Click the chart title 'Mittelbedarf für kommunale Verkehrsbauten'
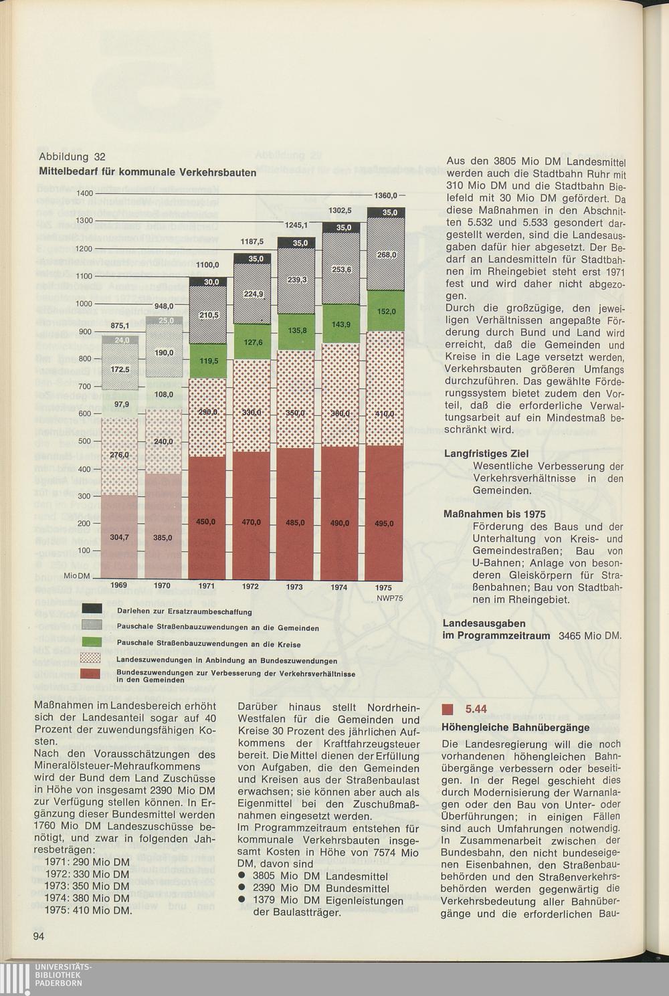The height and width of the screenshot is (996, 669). [148, 173]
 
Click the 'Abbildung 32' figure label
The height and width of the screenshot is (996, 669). [72, 157]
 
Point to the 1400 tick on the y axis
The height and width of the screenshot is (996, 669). [84, 193]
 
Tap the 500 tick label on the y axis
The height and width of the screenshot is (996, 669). [84, 441]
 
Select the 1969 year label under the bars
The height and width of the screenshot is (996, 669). [118, 585]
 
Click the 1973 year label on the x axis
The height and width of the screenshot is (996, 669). [294, 587]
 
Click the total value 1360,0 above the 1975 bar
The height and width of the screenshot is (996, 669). [386, 195]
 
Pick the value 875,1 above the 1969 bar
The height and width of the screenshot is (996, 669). [120, 326]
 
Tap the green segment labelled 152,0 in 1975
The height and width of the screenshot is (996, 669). [386, 311]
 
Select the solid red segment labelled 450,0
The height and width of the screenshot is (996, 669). [206, 522]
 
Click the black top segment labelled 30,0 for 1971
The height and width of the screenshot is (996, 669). [207, 282]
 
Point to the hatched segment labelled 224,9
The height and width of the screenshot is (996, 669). [252, 294]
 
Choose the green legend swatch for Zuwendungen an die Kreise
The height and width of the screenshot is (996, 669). [92, 642]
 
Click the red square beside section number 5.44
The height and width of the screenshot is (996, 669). [449, 709]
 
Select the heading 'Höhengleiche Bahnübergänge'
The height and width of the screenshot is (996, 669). [516, 727]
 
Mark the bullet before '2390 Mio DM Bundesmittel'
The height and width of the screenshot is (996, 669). [242, 888]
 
